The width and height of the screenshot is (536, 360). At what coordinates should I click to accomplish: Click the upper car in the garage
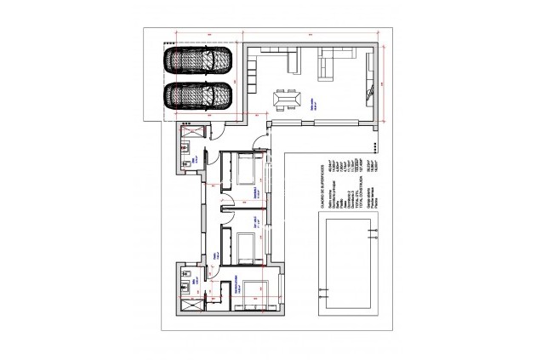(198, 60)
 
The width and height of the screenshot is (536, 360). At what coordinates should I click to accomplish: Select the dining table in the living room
(284, 100)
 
